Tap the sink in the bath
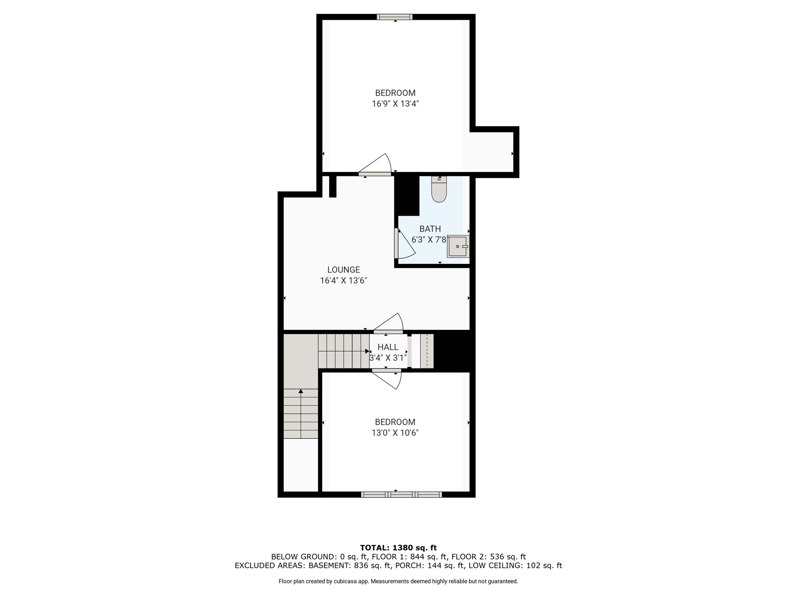[x=458, y=246]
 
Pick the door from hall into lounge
[x=388, y=324]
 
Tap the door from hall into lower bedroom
[x=386, y=379]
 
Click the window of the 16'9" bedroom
[x=395, y=17]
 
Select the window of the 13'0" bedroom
[x=401, y=494]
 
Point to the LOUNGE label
[x=344, y=270]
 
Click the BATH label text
[x=430, y=229]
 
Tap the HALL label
[x=388, y=347]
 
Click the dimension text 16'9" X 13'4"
[x=395, y=104]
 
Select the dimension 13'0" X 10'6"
[x=395, y=433]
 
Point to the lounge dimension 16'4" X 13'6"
[x=344, y=281]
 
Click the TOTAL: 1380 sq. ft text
[x=398, y=548]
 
